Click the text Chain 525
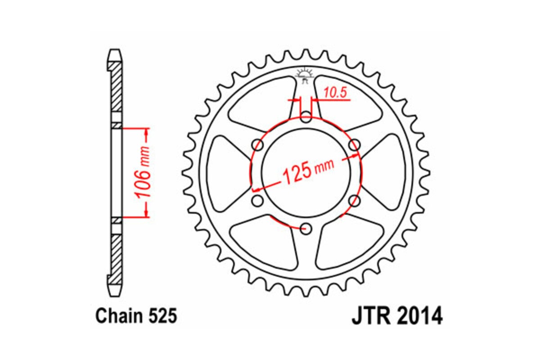coord(136,316)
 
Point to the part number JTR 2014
coord(396,316)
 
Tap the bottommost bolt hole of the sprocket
coord(306,229)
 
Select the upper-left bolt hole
coord(258,145)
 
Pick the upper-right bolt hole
coord(354,145)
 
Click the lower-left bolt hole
coord(258,200)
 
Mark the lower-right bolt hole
coord(354,200)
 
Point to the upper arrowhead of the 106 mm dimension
coord(146,132)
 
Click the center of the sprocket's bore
coord(306,173)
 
